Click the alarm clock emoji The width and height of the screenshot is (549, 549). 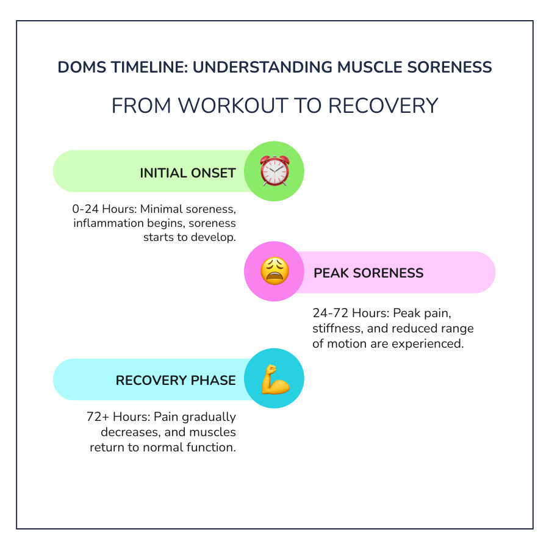(x=274, y=171)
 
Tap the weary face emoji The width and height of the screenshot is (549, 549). (x=274, y=271)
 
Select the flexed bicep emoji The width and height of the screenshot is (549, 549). (x=274, y=379)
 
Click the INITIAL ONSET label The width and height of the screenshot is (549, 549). (x=187, y=173)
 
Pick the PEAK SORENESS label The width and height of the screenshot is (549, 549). (x=368, y=273)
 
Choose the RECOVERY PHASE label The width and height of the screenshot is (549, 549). (x=176, y=381)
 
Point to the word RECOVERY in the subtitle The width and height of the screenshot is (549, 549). (x=383, y=106)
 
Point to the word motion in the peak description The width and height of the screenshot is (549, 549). (x=343, y=343)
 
